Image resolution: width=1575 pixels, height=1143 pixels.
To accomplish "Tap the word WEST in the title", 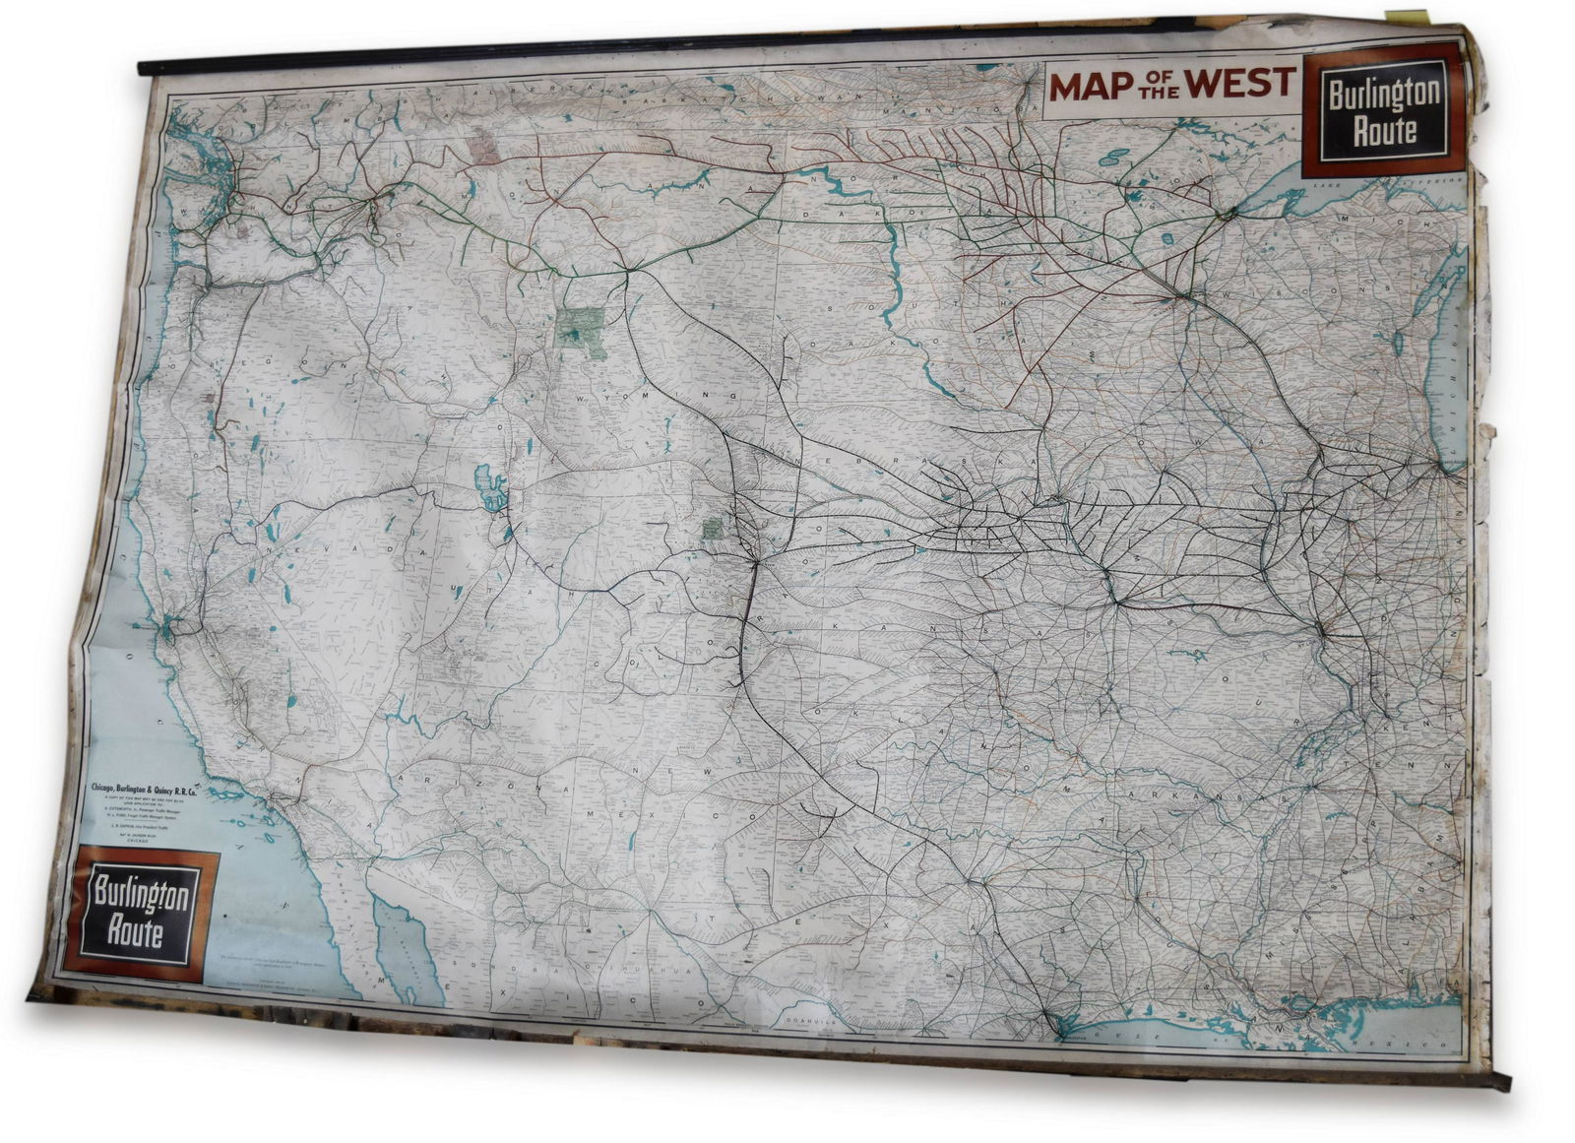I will [1234, 83].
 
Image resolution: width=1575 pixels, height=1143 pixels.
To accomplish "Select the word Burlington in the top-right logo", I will [1383, 95].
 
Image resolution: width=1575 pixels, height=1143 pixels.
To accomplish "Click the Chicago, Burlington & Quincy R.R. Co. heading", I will [144, 788].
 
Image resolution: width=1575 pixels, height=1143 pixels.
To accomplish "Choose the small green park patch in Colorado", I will [712, 529].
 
